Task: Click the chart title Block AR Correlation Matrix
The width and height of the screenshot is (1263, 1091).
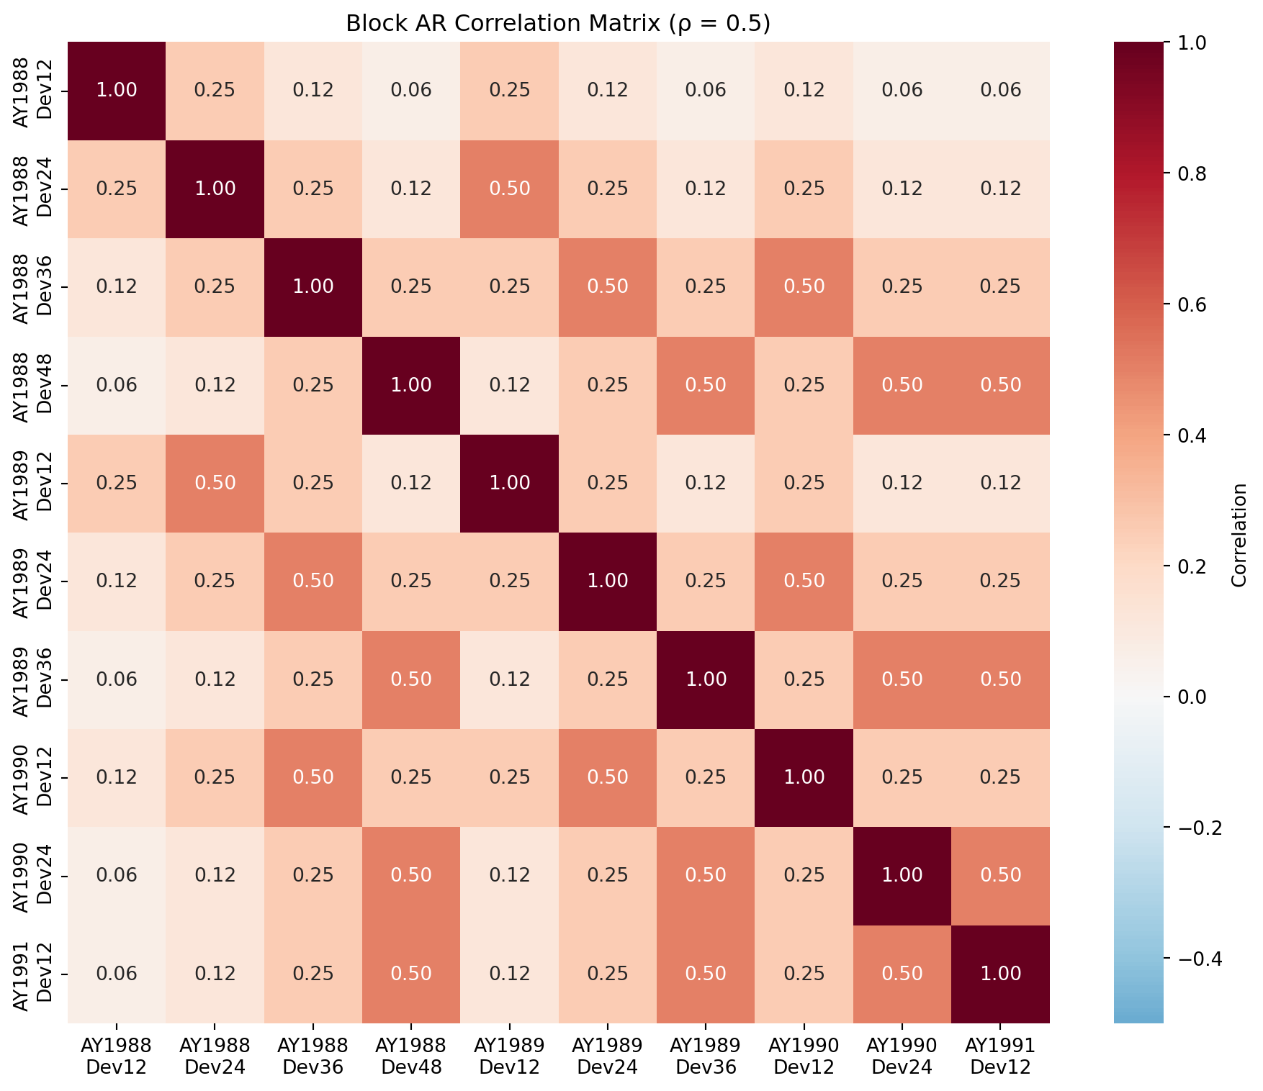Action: [x=558, y=24]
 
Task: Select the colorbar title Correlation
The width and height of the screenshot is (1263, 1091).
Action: [x=1239, y=535]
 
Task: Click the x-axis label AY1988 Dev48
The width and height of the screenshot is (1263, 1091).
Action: [x=411, y=1056]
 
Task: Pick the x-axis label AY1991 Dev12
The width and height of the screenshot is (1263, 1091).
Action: [x=1000, y=1056]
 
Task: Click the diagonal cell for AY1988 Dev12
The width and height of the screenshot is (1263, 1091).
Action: [x=117, y=91]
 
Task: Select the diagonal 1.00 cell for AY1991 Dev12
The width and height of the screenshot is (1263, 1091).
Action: [x=1001, y=974]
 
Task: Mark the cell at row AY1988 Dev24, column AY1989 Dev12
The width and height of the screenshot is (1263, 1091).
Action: [x=510, y=189]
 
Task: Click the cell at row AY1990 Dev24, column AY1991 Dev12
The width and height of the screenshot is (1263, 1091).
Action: [x=1001, y=875]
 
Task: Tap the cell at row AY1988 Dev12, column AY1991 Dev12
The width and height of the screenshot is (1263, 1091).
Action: [x=1001, y=91]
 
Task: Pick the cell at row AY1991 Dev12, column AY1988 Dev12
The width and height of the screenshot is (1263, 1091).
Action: [x=117, y=974]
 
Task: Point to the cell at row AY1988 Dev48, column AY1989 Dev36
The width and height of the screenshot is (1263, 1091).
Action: [x=706, y=385]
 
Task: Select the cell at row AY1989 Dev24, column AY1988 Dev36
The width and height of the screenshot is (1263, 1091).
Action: [x=313, y=581]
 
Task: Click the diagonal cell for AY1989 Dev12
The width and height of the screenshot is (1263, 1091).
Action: [x=510, y=483]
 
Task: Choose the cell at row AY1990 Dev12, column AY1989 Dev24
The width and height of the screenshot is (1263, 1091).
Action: [x=608, y=777]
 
